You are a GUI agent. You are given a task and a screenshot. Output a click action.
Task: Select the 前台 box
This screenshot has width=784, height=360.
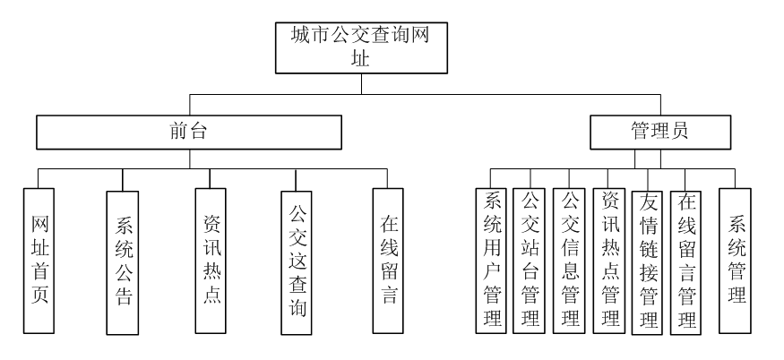click(x=188, y=131)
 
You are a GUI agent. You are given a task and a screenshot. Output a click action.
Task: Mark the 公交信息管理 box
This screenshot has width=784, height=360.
click(x=568, y=260)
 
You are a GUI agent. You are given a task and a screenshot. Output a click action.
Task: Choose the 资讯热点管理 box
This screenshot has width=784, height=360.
click(x=610, y=260)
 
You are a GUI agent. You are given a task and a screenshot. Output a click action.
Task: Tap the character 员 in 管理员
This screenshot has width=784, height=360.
click(x=681, y=132)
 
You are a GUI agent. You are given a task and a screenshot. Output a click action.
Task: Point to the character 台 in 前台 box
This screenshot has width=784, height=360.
click(x=198, y=132)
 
